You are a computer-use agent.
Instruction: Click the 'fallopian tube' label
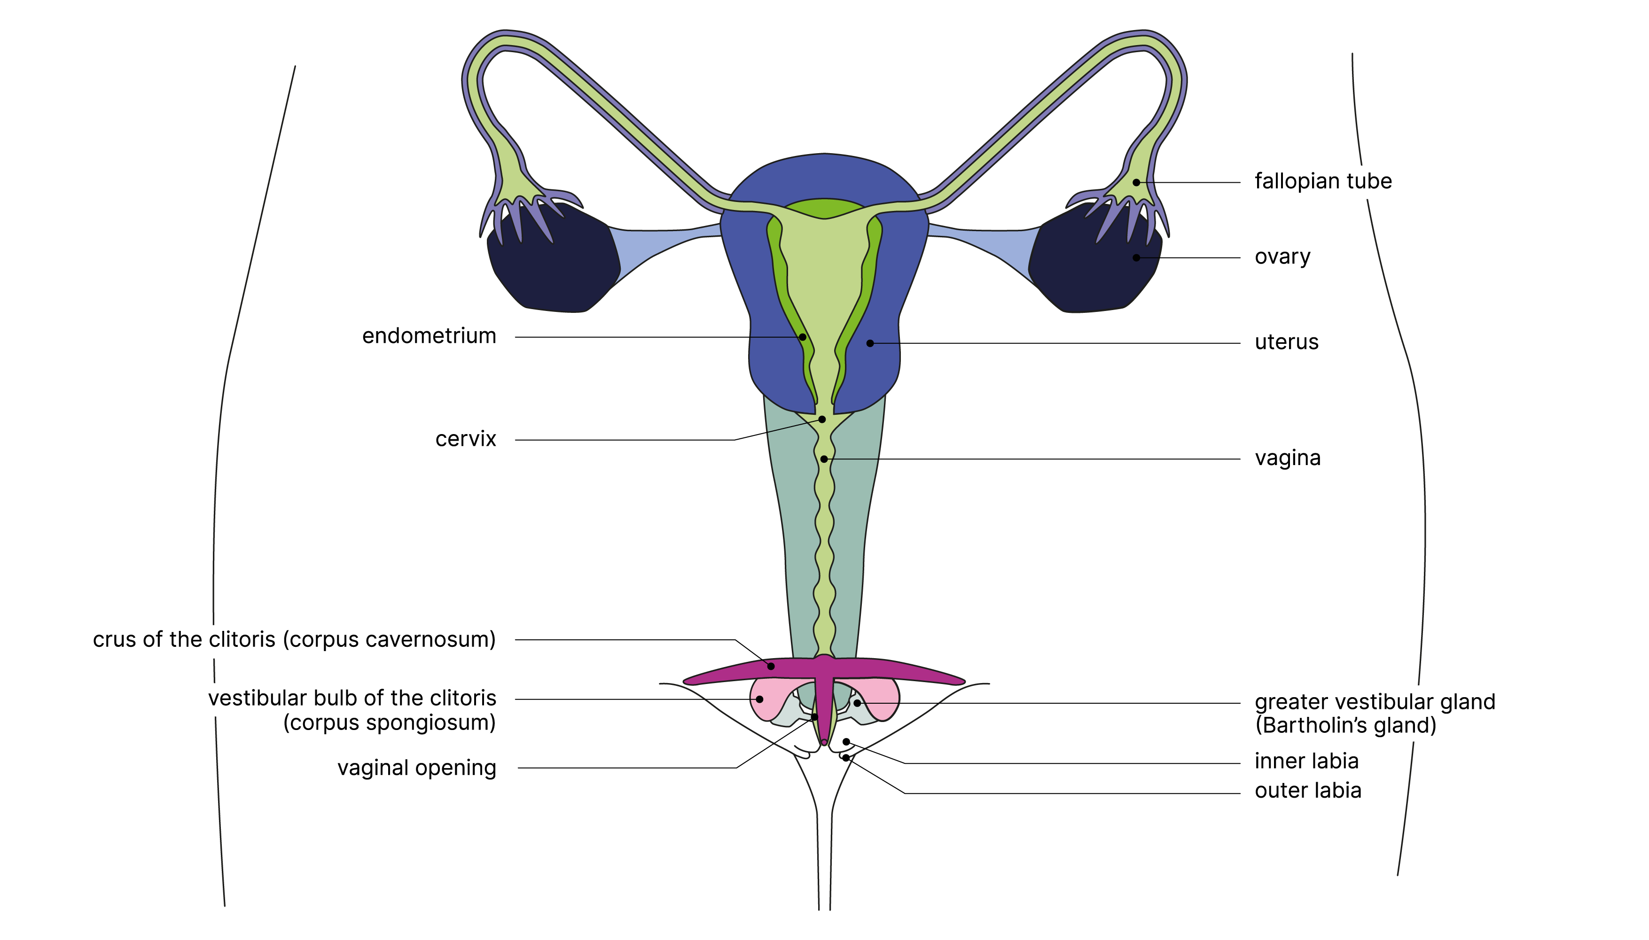click(1322, 181)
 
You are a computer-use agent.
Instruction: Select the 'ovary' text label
click(1282, 257)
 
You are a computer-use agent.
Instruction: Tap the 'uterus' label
click(1286, 342)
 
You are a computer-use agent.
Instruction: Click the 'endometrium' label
click(429, 336)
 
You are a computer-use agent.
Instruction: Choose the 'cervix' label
click(466, 440)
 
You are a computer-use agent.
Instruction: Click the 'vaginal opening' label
click(416, 768)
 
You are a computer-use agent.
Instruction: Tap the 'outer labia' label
click(1307, 791)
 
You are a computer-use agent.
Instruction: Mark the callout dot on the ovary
click(1136, 257)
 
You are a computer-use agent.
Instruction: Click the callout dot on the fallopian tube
click(1136, 183)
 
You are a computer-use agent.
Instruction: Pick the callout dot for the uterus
click(870, 343)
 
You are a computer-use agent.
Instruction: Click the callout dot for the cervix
click(822, 420)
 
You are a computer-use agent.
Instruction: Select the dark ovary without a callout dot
click(549, 264)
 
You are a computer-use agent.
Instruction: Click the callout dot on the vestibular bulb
click(760, 699)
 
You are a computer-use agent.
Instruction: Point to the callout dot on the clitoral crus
click(771, 666)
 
